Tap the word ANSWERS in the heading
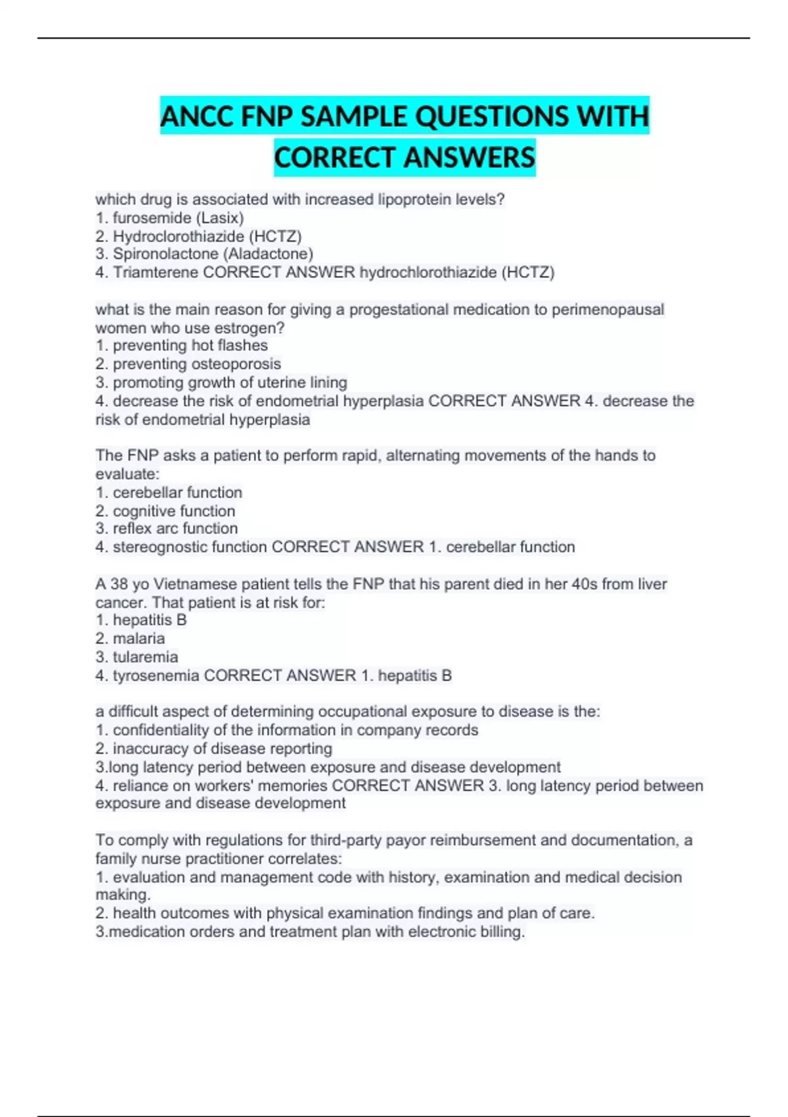[470, 158]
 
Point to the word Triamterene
[155, 272]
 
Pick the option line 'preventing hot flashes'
[182, 346]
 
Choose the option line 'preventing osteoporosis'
[188, 364]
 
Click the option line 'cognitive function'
[165, 511]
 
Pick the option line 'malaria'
[131, 639]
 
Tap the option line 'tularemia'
[137, 657]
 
